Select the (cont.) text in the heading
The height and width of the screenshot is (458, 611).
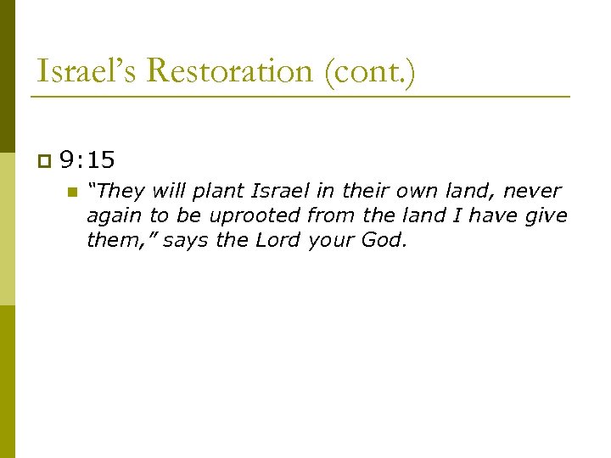[368, 71]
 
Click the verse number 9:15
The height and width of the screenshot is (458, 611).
[88, 159]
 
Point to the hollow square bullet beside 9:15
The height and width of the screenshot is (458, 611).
[44, 159]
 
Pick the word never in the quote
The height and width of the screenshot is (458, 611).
[532, 191]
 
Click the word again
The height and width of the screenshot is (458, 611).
[115, 216]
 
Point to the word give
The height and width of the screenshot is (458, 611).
[547, 215]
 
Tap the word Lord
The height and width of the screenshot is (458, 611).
[277, 240]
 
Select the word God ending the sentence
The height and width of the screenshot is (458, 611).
[384, 240]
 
